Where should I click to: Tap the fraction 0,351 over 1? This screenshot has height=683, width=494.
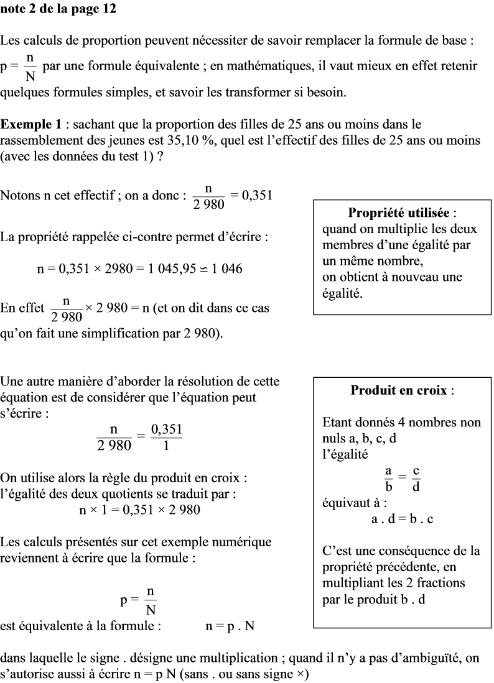coord(167,438)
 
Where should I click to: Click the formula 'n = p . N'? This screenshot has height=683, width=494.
coord(230,626)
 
